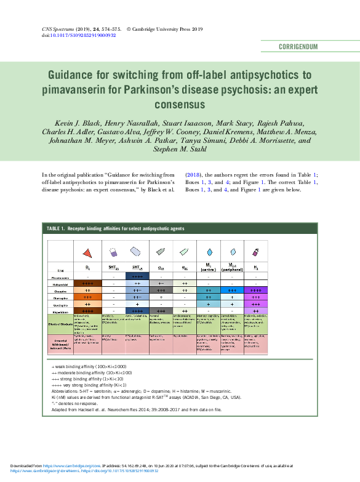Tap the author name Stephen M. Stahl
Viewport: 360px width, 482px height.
coord(180,148)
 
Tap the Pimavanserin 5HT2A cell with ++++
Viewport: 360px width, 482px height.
coord(137,277)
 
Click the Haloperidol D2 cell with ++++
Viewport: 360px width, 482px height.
coord(87,284)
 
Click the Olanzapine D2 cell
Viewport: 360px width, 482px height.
coord(87,297)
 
